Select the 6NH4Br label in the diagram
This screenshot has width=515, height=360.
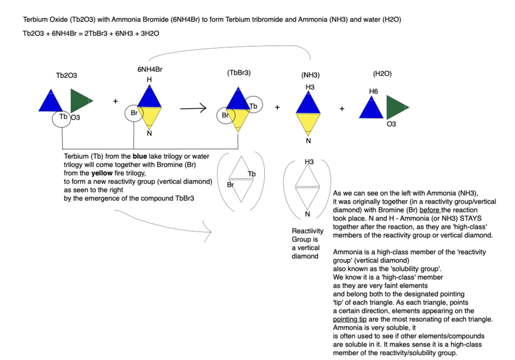click(x=150, y=69)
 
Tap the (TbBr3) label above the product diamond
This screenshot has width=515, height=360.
click(x=239, y=72)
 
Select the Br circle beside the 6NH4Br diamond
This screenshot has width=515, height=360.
click(x=133, y=113)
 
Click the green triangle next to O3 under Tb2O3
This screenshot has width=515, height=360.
click(x=80, y=100)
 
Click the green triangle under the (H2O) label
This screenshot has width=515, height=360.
click(x=396, y=107)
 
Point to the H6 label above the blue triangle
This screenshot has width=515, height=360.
click(x=373, y=92)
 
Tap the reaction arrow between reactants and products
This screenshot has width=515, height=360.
click(x=193, y=109)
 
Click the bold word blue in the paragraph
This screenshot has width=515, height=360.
click(x=140, y=156)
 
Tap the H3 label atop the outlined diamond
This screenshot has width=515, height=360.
click(x=309, y=162)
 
